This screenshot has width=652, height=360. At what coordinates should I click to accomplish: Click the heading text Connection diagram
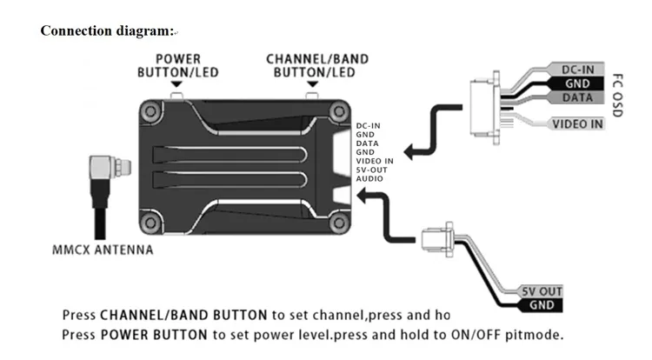pyautogui.click(x=107, y=30)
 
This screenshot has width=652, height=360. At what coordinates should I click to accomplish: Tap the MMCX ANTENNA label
pyautogui.click(x=103, y=250)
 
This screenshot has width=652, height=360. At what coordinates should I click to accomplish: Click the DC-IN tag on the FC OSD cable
pyautogui.click(x=577, y=70)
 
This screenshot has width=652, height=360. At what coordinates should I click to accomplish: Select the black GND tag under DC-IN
pyautogui.click(x=577, y=83)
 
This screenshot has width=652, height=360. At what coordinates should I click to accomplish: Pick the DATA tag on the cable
pyautogui.click(x=577, y=97)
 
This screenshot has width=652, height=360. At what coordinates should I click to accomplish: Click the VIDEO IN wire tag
pyautogui.click(x=577, y=123)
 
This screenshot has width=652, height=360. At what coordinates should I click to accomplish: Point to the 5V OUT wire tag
pyautogui.click(x=542, y=291)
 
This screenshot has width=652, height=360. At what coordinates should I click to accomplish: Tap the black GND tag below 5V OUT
pyautogui.click(x=542, y=305)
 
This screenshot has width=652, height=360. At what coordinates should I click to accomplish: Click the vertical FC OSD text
pyautogui.click(x=618, y=95)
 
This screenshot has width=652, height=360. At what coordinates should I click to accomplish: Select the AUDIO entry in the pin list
pyautogui.click(x=369, y=179)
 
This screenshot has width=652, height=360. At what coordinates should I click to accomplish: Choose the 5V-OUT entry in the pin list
pyautogui.click(x=372, y=170)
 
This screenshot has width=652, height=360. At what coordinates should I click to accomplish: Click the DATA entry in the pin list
pyautogui.click(x=367, y=143)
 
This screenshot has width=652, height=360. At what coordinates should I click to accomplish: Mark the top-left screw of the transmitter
pyautogui.click(x=151, y=111)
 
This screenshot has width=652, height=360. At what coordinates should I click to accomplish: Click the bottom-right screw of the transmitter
pyautogui.click(x=339, y=223)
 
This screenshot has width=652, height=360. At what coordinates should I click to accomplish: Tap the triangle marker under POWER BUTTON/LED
pyautogui.click(x=176, y=84)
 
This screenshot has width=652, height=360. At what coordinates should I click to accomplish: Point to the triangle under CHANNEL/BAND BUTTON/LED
pyautogui.click(x=312, y=84)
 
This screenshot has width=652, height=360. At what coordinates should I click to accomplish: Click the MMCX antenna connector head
pyautogui.click(x=110, y=167)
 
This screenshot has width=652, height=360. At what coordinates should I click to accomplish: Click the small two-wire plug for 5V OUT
pyautogui.click(x=437, y=239)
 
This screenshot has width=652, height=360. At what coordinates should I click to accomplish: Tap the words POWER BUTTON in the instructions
pyautogui.click(x=154, y=335)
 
